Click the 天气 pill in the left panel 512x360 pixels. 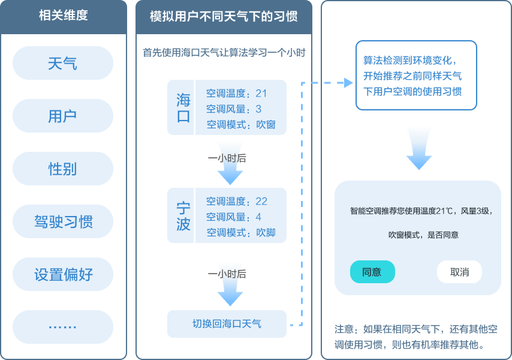point(62,63)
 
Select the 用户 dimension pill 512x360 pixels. point(62,116)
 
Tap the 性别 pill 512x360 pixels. point(62,169)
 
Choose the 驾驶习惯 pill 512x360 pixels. point(62,222)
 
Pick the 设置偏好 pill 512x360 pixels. point(62,275)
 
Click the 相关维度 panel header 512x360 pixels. point(64,16)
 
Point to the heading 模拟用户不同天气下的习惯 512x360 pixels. point(224,16)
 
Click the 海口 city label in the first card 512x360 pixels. point(183,108)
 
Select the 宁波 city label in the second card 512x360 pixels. point(183,216)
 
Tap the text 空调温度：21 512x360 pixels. point(237,94)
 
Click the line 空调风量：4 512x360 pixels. point(234,217)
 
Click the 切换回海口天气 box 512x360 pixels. point(227,324)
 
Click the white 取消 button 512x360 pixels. point(459,272)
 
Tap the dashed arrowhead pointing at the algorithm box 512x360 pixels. point(347,83)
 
